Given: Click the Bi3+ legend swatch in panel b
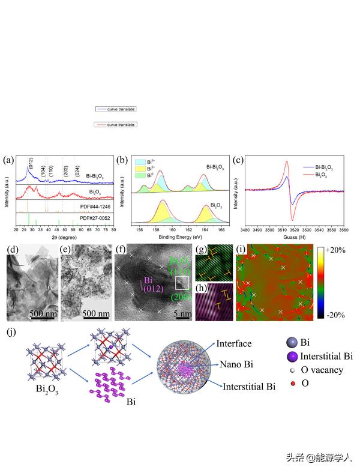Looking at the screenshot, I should pyautogui.click(x=140, y=161).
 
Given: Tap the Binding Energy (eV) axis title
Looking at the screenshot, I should pyautogui.click(x=181, y=235).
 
